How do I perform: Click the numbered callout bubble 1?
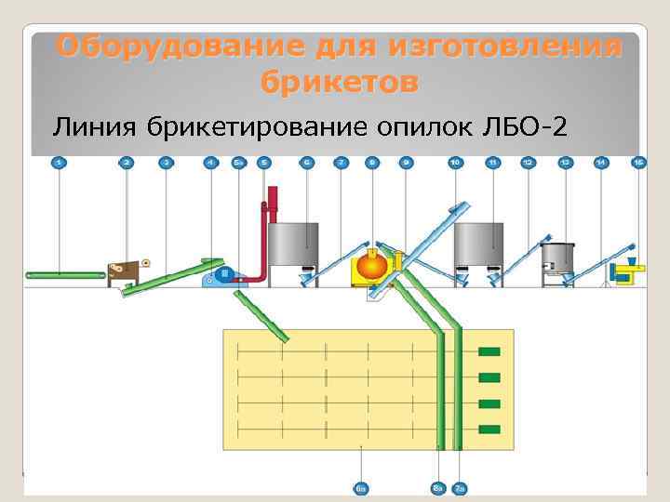tap(59, 163)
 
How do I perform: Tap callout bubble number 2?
tap(127, 163)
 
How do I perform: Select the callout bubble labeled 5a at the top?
tap(239, 163)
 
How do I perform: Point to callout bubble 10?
tap(455, 163)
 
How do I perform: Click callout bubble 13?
tap(565, 163)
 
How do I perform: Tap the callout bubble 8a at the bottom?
tap(437, 487)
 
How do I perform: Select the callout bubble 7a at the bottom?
tap(460, 487)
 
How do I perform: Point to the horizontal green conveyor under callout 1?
tap(65, 275)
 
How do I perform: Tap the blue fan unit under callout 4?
tap(224, 274)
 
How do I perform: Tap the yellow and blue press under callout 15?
tap(625, 271)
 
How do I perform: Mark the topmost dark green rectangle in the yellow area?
tap(489, 352)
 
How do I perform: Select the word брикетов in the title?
tap(339, 82)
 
